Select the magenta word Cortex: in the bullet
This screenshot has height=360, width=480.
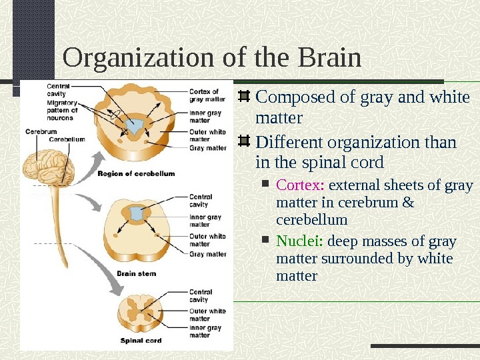click(x=300, y=185)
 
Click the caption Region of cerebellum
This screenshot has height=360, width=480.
click(x=136, y=173)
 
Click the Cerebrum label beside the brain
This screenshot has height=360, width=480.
click(x=41, y=131)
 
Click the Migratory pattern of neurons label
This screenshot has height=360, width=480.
click(x=62, y=109)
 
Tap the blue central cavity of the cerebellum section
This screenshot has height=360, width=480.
click(x=137, y=127)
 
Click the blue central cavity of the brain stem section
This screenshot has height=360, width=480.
click(x=137, y=214)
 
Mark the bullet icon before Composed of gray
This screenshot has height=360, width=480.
click(x=244, y=98)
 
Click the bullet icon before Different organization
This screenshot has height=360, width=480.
click(x=244, y=142)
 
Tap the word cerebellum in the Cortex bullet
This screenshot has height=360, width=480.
click(x=311, y=219)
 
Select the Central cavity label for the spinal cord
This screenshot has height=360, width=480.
click(x=201, y=296)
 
